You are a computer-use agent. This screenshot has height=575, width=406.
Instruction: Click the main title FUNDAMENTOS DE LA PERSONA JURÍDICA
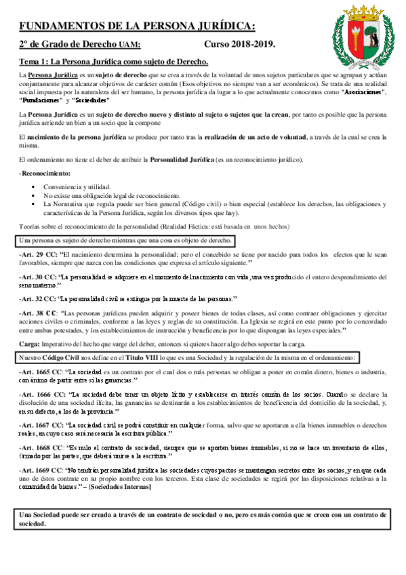138,26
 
